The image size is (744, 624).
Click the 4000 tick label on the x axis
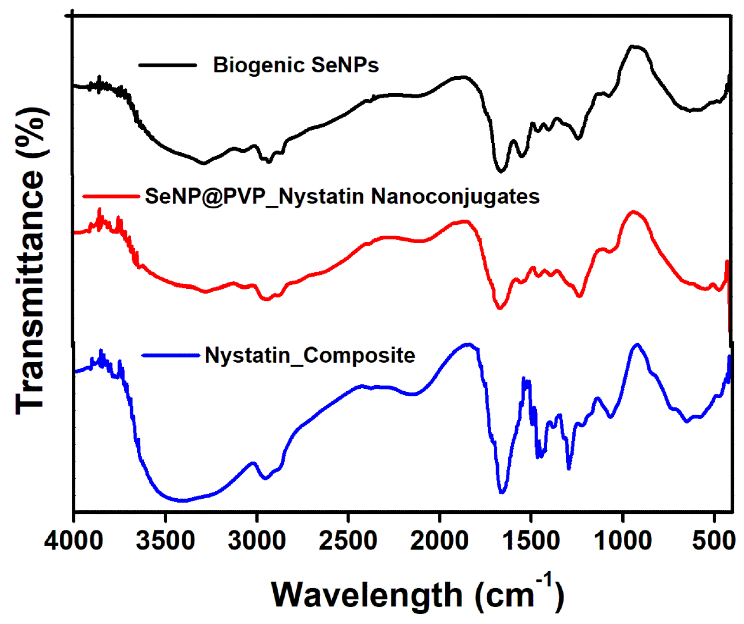(74, 541)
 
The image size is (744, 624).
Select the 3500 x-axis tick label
(165, 541)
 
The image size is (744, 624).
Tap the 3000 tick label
(256, 541)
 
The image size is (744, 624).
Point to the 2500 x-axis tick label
(348, 541)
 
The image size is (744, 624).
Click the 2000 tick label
(439, 541)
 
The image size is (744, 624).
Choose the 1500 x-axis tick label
(531, 541)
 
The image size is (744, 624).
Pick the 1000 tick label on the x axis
(622, 541)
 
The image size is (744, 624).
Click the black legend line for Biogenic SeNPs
(167, 65)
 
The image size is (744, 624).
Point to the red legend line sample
(111, 196)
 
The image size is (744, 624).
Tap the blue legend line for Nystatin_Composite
(171, 355)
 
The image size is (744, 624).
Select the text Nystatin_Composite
(310, 355)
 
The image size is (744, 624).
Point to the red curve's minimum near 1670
(500, 308)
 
